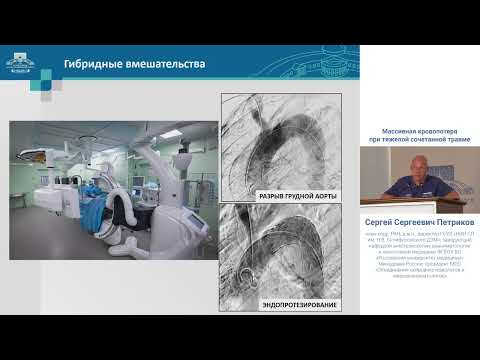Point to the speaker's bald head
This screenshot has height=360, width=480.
413,159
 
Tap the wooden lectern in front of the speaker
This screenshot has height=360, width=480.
440,199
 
